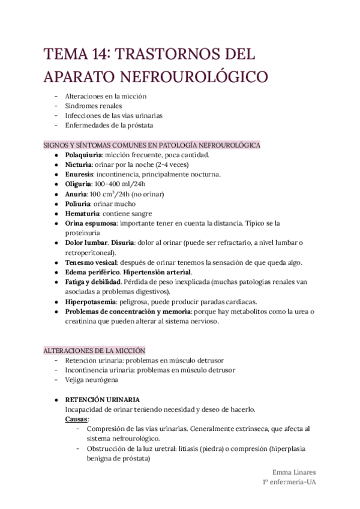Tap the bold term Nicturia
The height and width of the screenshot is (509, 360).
(78, 164)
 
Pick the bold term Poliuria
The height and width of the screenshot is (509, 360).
(78, 203)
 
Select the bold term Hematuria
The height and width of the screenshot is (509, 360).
(82, 213)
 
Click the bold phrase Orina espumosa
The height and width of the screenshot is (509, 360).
(91, 223)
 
